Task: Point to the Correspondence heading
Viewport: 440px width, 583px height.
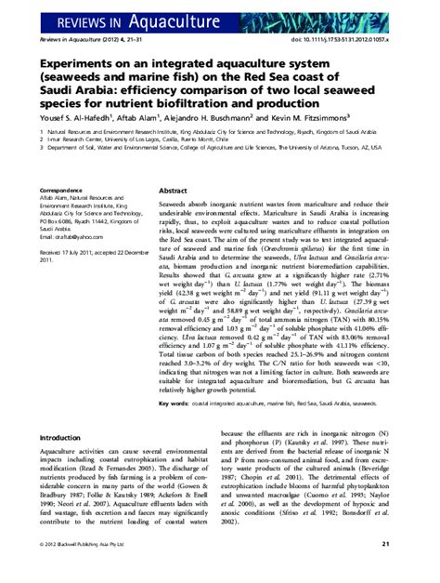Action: click(x=69, y=164)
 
